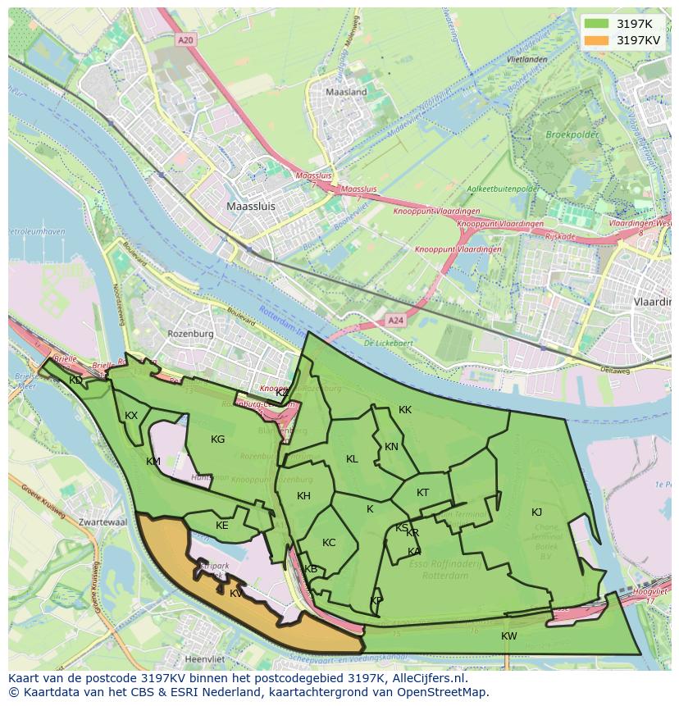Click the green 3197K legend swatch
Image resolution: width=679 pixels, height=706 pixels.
pos(596,24)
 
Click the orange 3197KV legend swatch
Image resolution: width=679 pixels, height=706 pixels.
pos(596,39)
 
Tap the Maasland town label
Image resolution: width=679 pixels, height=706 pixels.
pos(346,93)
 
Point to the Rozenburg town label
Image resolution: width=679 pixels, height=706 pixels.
pos(190,334)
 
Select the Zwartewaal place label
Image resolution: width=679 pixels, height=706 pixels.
pos(103,522)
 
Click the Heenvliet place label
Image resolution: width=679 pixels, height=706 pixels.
pos(205,658)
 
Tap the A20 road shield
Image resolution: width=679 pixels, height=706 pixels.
pos(186,39)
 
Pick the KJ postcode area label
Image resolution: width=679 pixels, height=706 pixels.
pos(536,512)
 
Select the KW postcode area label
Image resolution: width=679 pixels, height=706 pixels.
pos(509,636)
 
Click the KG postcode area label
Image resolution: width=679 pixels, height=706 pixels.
pos(217,440)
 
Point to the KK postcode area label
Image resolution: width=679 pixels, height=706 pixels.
pos(405,410)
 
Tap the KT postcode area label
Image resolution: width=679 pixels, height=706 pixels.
pos(422,493)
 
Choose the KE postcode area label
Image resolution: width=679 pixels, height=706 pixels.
pos(221,526)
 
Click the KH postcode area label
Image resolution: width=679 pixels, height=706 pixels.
pos(303,496)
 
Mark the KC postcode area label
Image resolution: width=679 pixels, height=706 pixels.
pos(329,543)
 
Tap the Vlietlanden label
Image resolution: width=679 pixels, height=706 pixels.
pos(526,60)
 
